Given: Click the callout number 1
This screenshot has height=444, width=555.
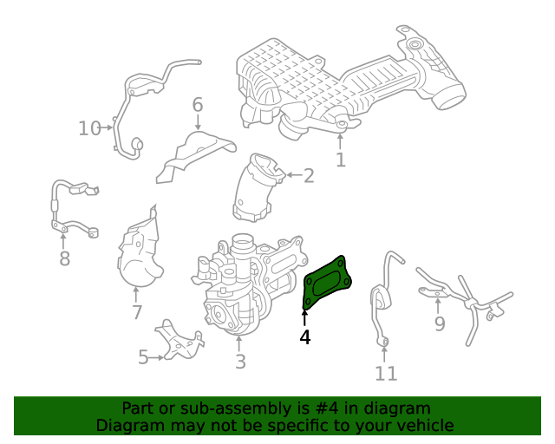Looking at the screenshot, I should pyautogui.click(x=340, y=160).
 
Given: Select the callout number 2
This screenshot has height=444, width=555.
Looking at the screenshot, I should pyautogui.click(x=308, y=176).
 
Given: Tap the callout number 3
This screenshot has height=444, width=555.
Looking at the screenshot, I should pyautogui.click(x=240, y=361).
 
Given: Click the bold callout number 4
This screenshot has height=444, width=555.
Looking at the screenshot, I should pyautogui.click(x=304, y=336).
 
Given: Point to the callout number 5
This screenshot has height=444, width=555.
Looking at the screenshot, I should pyautogui.click(x=143, y=356).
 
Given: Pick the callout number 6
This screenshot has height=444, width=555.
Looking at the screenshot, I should pyautogui.click(x=198, y=106).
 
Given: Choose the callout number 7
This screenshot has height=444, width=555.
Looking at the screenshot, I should pyautogui.click(x=137, y=312).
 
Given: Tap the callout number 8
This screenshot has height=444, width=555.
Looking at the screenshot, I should pyautogui.click(x=64, y=258).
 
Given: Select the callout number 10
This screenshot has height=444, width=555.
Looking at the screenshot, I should pyautogui.click(x=89, y=128).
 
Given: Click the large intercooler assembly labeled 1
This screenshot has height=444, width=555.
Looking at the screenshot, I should pyautogui.click(x=347, y=82).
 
